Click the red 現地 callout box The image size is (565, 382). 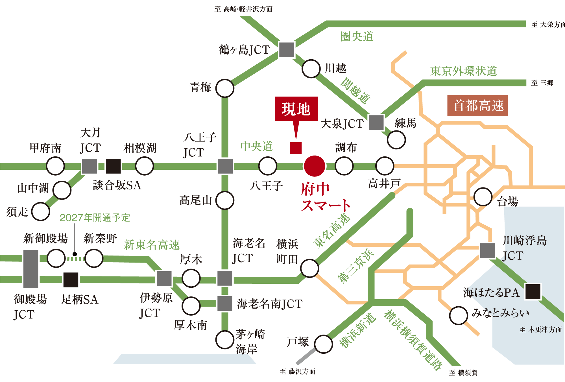pos(296,109)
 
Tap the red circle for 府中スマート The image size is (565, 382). pos(314,166)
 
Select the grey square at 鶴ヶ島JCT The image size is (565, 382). pos(287,50)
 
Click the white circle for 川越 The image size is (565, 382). pos(311,69)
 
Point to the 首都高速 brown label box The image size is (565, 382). pos(477,106)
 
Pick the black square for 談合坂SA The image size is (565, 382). pos(113,166)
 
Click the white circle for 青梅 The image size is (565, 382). pos(225,88)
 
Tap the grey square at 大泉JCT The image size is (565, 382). pos(376,122)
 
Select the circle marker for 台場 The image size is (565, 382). pos(483,197)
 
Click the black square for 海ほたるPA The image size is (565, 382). pos(533,292)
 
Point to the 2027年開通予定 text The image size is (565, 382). pos(95,218)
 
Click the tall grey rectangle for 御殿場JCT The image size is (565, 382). pos(31,269)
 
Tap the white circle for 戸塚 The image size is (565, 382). pos(323,344)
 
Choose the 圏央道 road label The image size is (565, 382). pos(357,37)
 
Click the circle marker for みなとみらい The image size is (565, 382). pos(458,315)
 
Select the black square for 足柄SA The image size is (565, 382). pos(71,280)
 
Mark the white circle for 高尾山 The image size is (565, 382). pos(225,200)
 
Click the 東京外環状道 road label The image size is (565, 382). pos(463,71)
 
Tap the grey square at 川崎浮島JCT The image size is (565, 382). pos(488,251)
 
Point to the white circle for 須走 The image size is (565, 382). pos(41,211)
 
